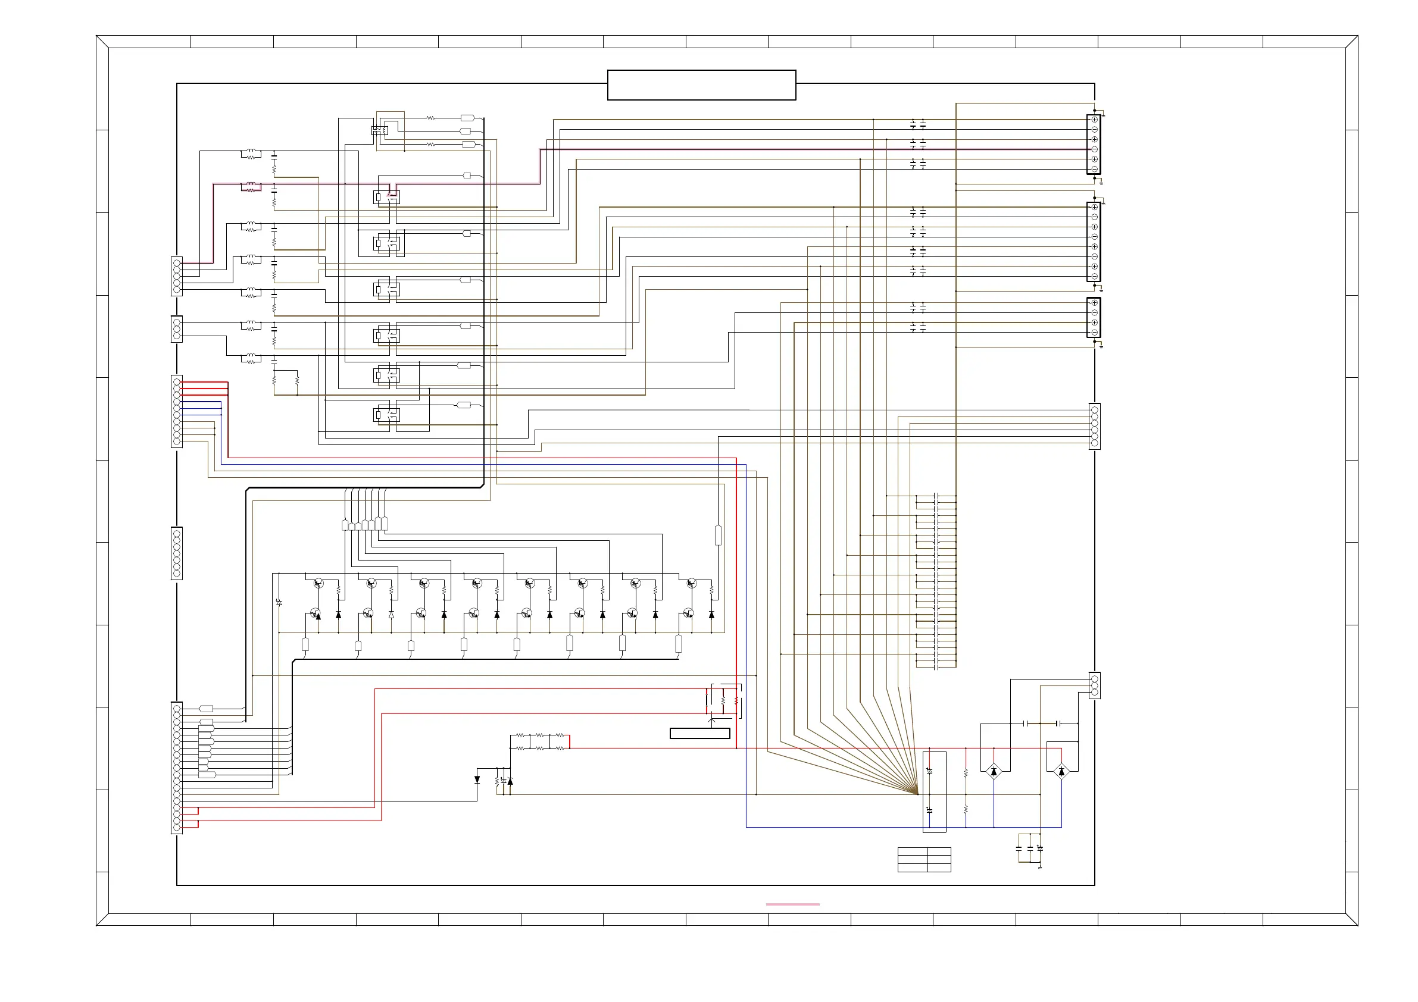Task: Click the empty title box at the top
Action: tap(701, 84)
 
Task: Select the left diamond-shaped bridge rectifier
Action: tap(993, 771)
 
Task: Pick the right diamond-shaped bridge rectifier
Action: tap(1061, 771)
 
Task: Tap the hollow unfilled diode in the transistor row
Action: tap(391, 615)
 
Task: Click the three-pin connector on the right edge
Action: tap(1094, 685)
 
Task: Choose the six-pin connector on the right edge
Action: tap(1094, 427)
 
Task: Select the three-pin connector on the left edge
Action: tap(177, 329)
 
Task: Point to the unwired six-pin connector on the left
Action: tap(177, 553)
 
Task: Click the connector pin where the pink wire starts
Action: tap(177, 263)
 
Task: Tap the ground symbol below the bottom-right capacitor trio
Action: tap(1040, 867)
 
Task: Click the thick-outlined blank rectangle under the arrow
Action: tap(699, 734)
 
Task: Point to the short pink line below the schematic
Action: tap(792, 904)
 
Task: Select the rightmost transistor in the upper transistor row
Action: tap(691, 583)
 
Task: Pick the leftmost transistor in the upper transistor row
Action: tap(318, 583)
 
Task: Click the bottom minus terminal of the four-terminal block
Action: tap(1094, 333)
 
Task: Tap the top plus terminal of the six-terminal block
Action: tap(1094, 120)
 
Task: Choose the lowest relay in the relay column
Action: tap(386, 415)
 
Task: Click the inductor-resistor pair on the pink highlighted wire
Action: tap(251, 187)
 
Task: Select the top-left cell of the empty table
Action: tap(912, 851)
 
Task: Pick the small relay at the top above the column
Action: tap(379, 130)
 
